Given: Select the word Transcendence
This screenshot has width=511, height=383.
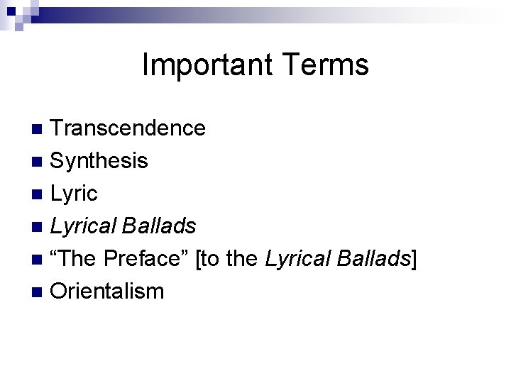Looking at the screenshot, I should click(128, 128).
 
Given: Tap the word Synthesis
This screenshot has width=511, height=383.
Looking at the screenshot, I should click(99, 161).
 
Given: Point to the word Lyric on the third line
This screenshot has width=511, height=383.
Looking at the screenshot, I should click(74, 194).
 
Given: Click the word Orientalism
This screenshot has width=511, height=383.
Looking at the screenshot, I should click(107, 292).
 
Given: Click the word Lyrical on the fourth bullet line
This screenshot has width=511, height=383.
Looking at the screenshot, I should click(83, 226).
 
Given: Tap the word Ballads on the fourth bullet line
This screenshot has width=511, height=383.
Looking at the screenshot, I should click(159, 226).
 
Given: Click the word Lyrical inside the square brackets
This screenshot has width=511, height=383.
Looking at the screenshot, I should click(297, 259).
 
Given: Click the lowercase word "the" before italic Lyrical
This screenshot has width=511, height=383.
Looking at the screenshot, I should click(243, 259).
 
